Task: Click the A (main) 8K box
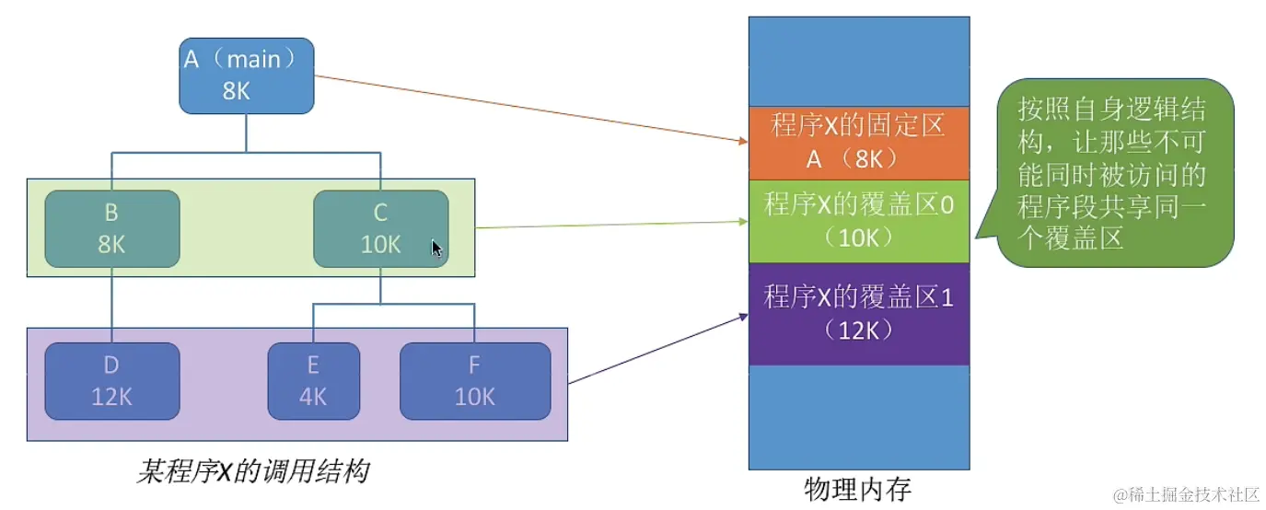tap(246, 75)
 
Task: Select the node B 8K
tap(111, 228)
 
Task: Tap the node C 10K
tap(380, 228)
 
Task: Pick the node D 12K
tap(111, 380)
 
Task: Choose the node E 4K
tap(313, 380)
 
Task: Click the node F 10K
tap(474, 380)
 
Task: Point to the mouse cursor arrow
tap(436, 249)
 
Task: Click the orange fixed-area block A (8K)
tap(858, 143)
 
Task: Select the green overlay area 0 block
tap(858, 221)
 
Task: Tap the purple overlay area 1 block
tap(858, 313)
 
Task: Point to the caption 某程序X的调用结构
tap(252, 472)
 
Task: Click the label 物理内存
tap(857, 489)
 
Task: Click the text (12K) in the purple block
tap(858, 330)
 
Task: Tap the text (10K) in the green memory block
tap(858, 237)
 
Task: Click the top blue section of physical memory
tap(858, 61)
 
